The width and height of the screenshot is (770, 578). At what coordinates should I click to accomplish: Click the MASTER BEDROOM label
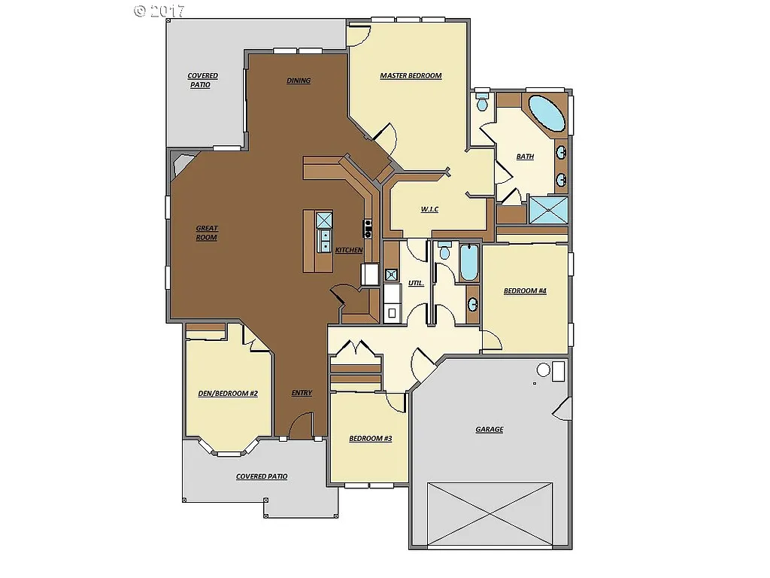411,75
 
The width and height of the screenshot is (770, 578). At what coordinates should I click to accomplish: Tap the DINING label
299,81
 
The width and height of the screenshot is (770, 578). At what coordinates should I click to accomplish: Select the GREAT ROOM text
206,233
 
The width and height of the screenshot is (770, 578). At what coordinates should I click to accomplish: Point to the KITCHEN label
349,250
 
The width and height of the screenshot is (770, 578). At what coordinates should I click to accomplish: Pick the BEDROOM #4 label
524,291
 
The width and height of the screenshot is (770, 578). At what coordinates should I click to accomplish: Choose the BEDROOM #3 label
370,438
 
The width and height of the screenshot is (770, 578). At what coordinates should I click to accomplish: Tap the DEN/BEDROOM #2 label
228,393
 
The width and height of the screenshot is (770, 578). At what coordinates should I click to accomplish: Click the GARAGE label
489,430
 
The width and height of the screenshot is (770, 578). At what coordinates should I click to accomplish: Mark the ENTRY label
302,393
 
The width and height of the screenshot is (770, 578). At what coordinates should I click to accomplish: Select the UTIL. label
416,284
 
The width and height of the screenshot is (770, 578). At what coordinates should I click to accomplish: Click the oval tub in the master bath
547,112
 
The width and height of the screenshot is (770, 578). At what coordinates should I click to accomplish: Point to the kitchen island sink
325,240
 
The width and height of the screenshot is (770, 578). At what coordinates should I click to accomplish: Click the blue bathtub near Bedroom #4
468,262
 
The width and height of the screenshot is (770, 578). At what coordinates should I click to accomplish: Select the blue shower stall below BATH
548,209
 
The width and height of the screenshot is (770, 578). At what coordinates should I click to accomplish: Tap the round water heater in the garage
543,370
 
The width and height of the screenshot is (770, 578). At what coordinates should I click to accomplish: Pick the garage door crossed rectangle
490,513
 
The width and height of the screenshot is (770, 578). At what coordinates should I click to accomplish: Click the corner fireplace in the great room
181,163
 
